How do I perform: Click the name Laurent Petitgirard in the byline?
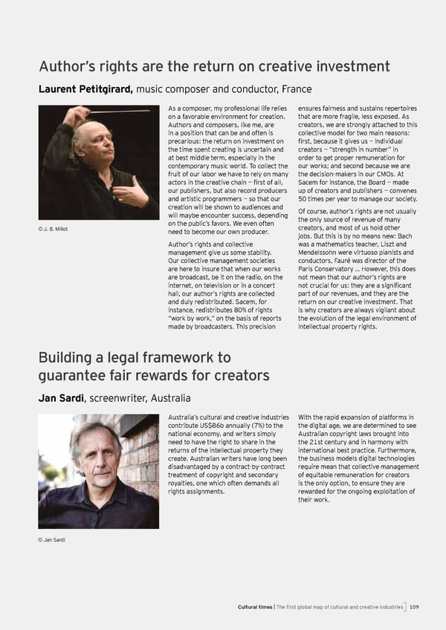coord(85,90)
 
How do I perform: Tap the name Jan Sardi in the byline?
coord(60,398)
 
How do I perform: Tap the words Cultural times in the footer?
coord(256,607)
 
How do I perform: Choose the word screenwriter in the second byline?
coord(117,398)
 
